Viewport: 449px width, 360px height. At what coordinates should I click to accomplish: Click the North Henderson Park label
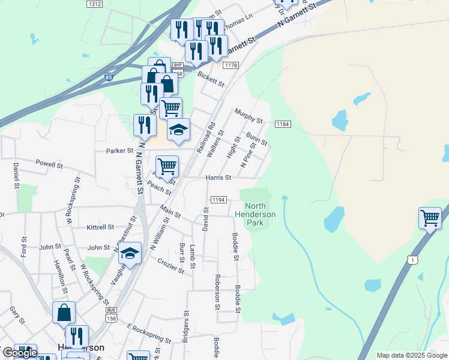click(255, 214)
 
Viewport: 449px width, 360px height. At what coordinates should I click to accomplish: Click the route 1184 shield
click(283, 124)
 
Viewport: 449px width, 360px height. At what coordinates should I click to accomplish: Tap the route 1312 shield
click(94, 4)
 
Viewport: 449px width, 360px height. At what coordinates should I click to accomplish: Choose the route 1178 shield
click(231, 65)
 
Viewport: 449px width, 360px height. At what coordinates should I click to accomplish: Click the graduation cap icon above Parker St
click(178, 130)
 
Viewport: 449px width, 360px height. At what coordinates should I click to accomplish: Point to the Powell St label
click(49, 163)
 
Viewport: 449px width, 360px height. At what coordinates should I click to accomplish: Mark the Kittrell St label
click(100, 227)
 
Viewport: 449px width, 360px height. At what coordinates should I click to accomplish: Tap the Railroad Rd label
click(206, 140)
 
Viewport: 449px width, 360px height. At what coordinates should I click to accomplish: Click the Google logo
click(20, 353)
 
